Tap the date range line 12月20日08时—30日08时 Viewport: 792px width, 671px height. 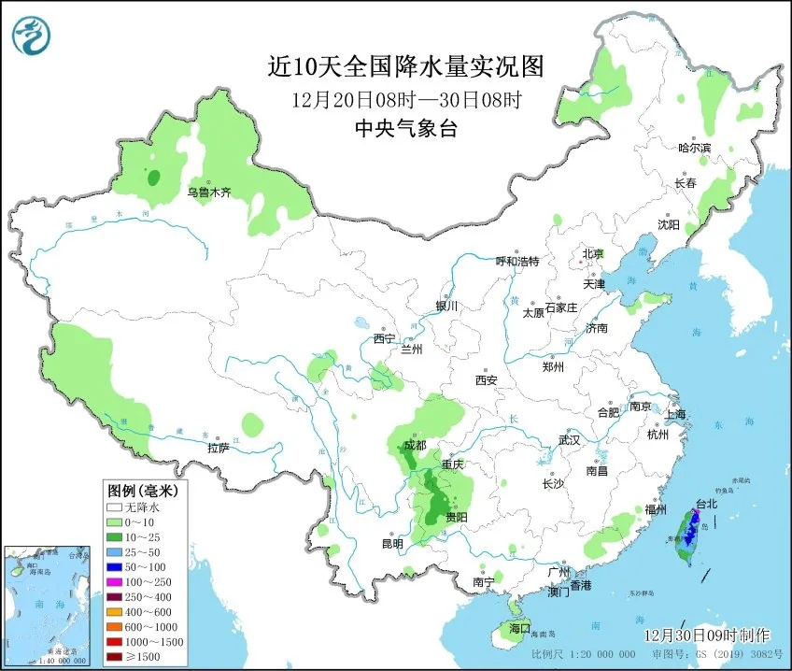click(404, 98)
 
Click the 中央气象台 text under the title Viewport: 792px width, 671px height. click(405, 129)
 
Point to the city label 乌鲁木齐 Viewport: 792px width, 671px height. click(207, 193)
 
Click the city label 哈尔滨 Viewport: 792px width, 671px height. click(694, 148)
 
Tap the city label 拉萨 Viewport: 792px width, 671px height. click(218, 448)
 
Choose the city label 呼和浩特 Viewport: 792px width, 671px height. click(516, 261)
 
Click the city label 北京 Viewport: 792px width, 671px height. click(594, 253)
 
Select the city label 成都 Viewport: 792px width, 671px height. click(414, 446)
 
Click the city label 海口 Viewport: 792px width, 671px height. click(516, 627)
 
